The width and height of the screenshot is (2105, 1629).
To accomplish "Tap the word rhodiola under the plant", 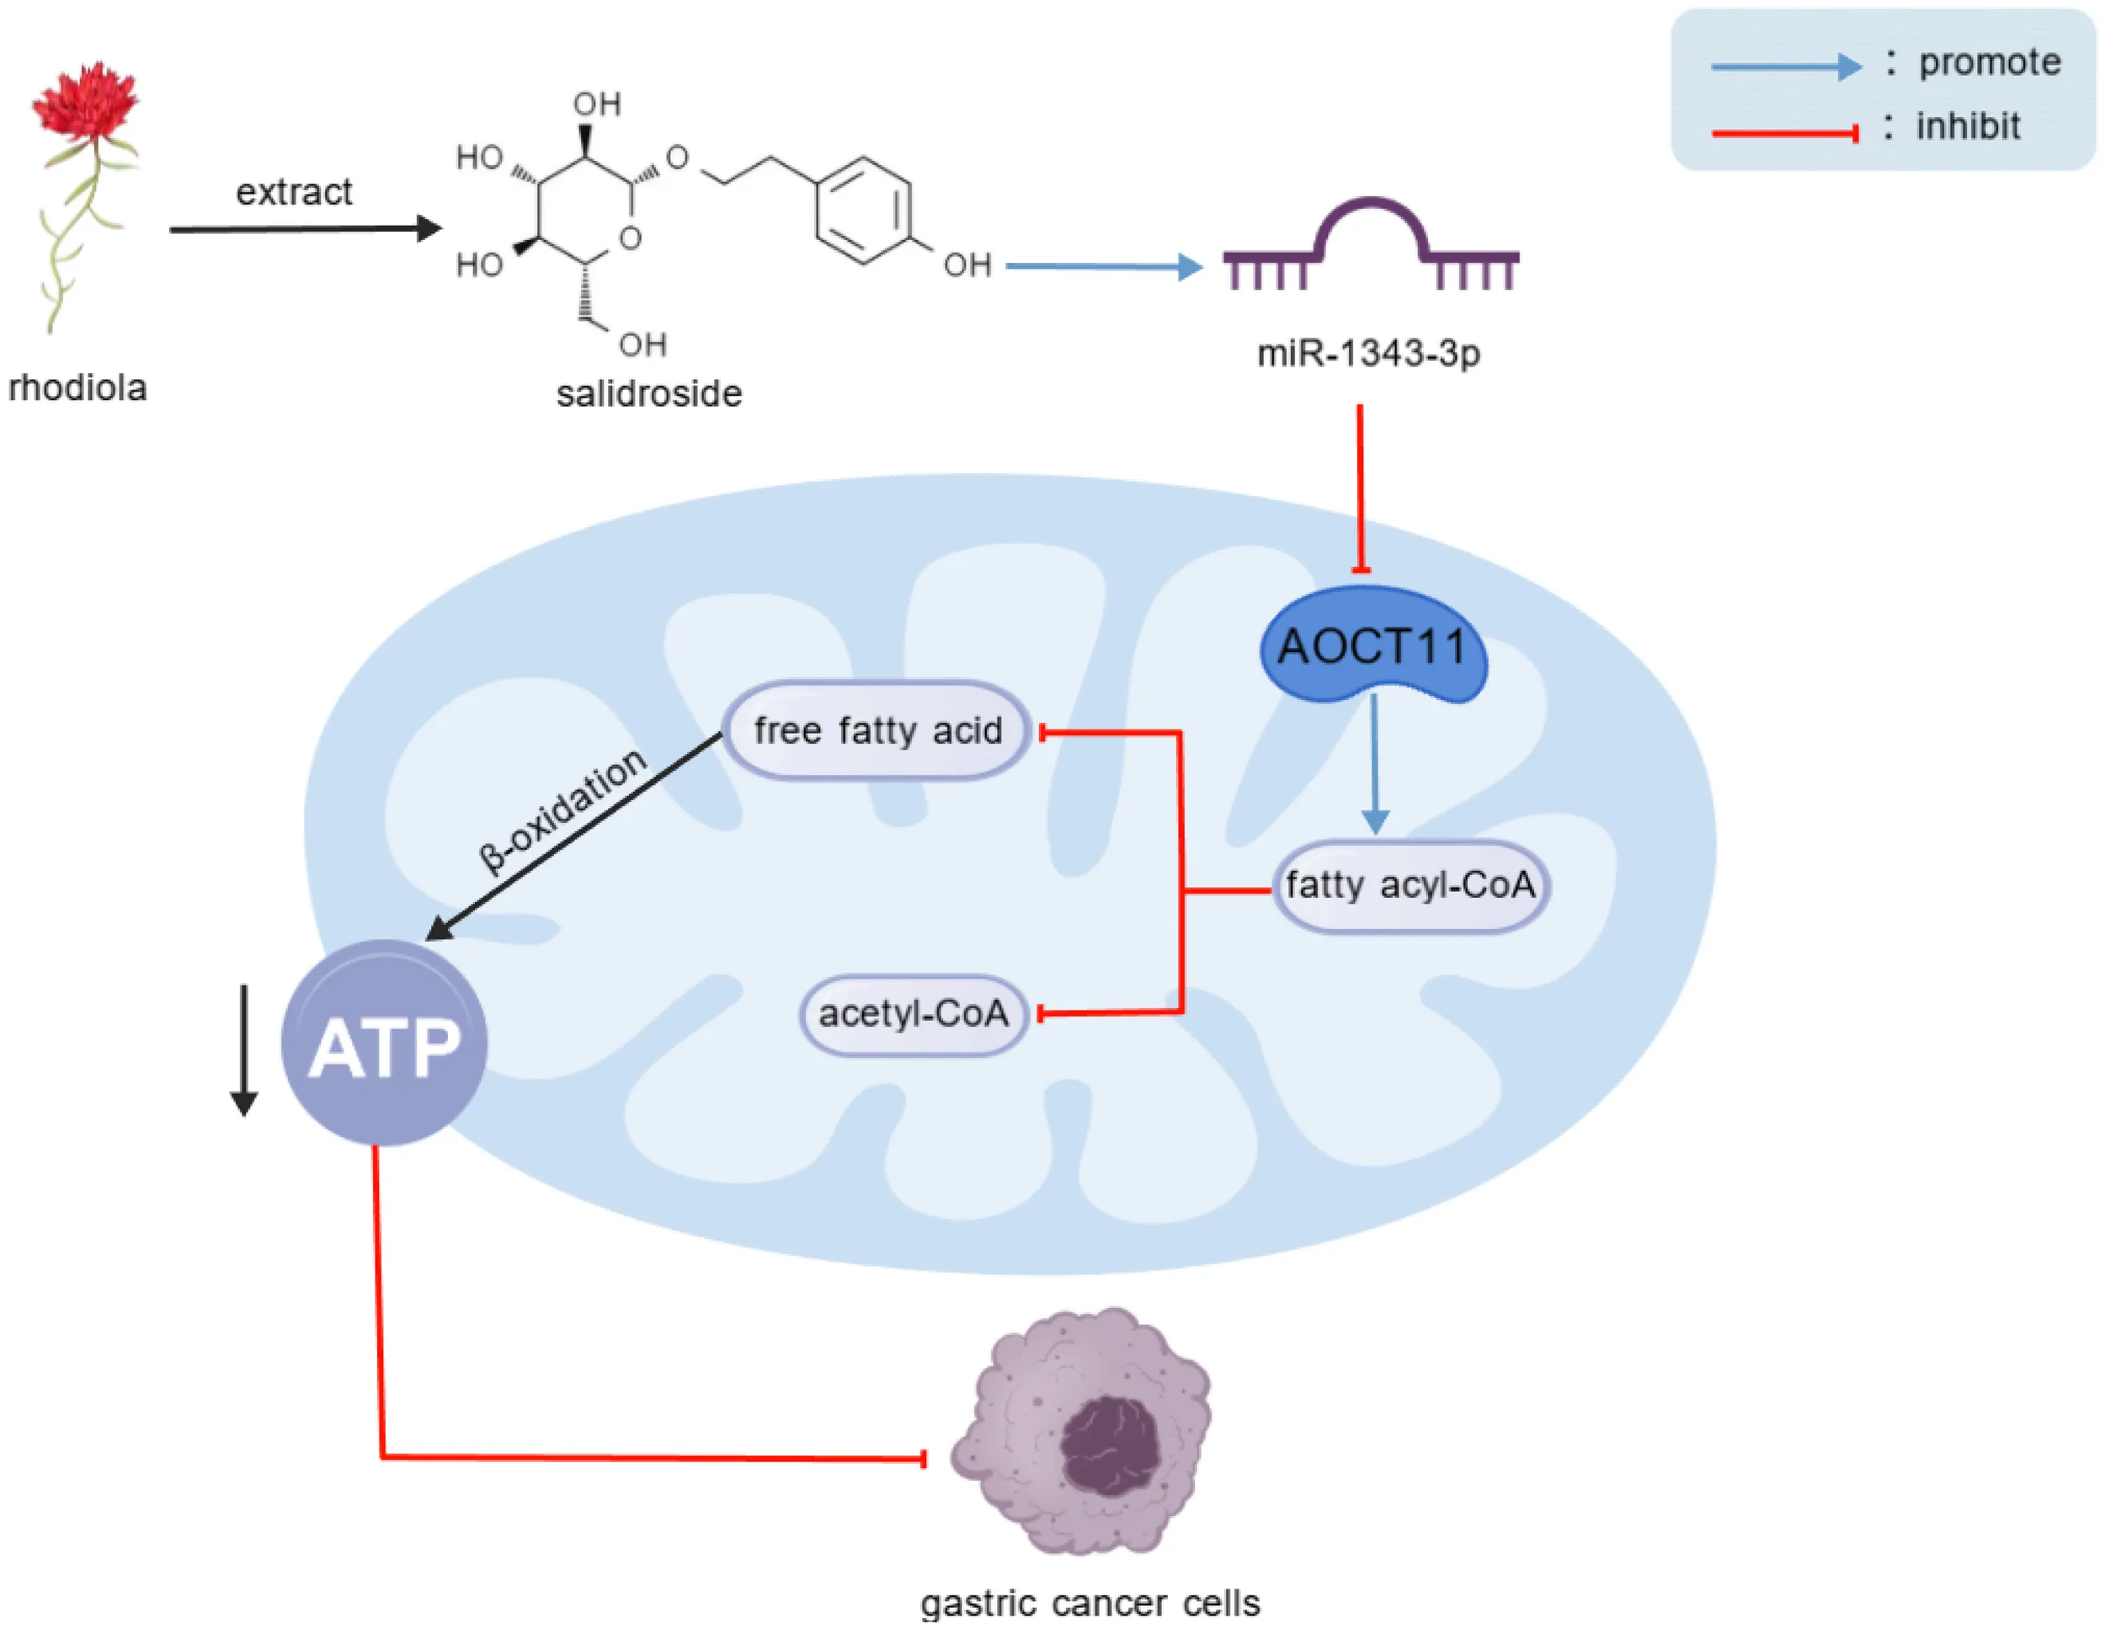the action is click(x=77, y=387).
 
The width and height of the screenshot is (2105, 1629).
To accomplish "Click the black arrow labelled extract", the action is click(x=306, y=228).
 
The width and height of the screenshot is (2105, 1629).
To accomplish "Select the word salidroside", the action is click(x=648, y=393).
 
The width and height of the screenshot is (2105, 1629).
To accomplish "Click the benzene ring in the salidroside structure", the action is click(x=862, y=209).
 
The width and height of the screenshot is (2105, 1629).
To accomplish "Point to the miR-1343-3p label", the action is click(x=1368, y=354).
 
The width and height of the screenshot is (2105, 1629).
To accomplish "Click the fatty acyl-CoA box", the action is click(x=1410, y=886).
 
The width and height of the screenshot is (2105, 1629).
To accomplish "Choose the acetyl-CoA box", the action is click(x=913, y=1014).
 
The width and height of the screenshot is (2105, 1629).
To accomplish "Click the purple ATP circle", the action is click(x=384, y=1043).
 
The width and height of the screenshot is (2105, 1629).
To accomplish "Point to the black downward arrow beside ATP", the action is click(x=244, y=1050).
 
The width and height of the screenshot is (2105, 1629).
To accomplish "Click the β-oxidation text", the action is click(x=562, y=810).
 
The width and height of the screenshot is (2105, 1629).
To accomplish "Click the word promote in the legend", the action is click(x=1990, y=61).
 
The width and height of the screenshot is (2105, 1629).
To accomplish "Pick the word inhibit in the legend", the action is click(x=1967, y=126).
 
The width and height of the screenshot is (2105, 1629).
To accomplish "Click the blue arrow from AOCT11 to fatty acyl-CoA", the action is click(x=1374, y=764).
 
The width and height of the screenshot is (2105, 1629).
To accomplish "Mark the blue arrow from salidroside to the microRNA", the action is click(x=1105, y=266).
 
